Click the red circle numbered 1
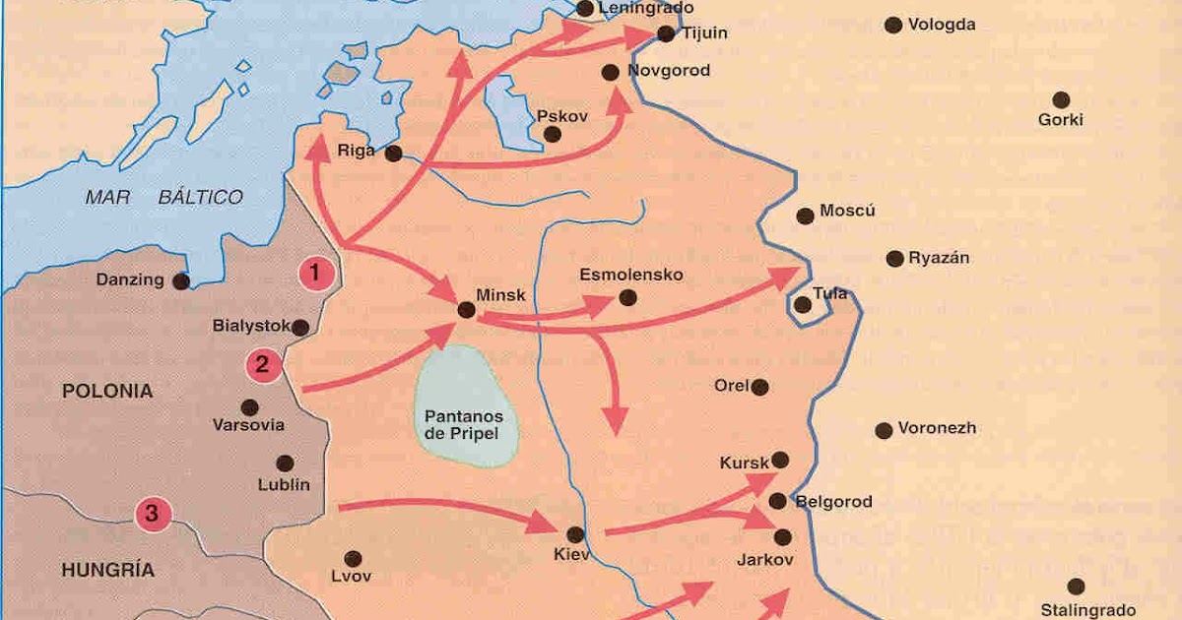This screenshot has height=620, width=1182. [315, 273]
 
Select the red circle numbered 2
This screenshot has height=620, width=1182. [263, 365]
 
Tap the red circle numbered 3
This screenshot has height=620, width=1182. [152, 513]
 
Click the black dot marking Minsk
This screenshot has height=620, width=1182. [467, 310]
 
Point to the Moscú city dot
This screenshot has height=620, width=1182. [805, 216]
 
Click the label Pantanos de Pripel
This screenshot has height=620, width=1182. [468, 423]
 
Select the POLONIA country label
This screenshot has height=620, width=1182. [107, 392]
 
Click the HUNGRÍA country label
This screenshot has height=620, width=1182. [107, 570]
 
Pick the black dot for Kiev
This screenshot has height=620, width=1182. [575, 534]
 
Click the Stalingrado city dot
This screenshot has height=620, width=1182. [1076, 587]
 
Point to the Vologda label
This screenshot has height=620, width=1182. [942, 25]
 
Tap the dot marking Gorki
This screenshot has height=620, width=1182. [1061, 99]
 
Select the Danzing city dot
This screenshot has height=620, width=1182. [181, 280]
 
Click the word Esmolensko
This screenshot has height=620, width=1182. [630, 275]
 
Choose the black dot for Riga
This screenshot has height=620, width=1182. [393, 154]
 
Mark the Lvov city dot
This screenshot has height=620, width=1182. [352, 556]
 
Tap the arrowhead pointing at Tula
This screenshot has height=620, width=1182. [788, 274]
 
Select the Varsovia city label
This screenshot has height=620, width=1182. [248, 426]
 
